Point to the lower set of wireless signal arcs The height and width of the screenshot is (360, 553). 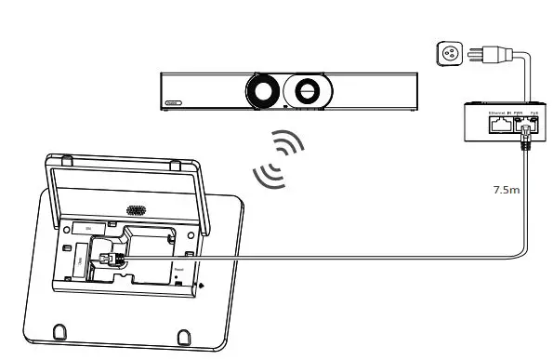(x=267, y=171)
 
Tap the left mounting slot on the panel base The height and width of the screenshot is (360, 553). (x=59, y=329)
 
